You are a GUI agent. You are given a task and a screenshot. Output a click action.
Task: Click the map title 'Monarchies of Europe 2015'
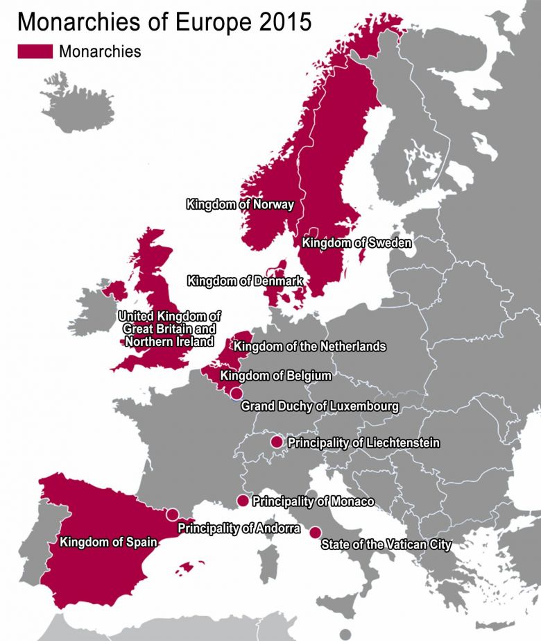[164, 22]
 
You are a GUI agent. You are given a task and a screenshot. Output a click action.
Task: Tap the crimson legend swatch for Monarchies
[35, 51]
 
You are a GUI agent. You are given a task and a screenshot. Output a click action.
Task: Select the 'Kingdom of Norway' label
[240, 205]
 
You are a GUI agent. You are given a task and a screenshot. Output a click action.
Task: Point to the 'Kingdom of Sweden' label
[357, 243]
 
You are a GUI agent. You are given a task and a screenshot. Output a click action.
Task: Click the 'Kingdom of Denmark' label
[245, 281]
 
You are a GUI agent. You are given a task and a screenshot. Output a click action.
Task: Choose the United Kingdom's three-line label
[169, 328]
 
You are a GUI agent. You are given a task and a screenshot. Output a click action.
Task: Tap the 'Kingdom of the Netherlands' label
[310, 346]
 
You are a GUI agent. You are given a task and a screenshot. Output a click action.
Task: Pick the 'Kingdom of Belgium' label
[275, 376]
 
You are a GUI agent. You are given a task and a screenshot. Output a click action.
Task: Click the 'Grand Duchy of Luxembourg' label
[319, 406]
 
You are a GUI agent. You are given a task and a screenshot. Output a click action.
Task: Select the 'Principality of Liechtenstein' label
[363, 442]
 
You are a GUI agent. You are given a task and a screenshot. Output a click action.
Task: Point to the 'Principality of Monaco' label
[313, 501]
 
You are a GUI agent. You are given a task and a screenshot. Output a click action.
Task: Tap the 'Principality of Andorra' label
[239, 528]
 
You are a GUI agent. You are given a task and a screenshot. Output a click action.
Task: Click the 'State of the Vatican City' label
[386, 545]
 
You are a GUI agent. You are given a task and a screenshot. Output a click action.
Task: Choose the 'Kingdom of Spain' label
[108, 542]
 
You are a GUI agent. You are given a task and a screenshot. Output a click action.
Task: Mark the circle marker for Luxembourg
[237, 394]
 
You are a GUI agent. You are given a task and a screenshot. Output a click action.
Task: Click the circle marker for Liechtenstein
[276, 442]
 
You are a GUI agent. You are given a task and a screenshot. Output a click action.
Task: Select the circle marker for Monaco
[243, 501]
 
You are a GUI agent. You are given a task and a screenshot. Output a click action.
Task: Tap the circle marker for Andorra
[172, 515]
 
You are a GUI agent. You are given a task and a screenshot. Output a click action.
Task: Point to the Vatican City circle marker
[315, 533]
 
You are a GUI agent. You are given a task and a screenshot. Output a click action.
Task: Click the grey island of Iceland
[86, 108]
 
